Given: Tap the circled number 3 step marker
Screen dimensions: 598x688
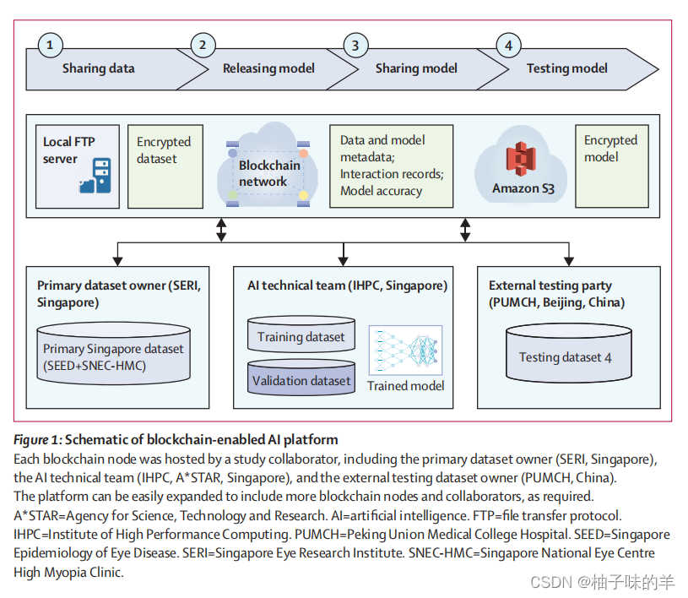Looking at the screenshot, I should click(x=357, y=46).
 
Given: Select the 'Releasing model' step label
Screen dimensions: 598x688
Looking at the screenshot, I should click(x=268, y=68).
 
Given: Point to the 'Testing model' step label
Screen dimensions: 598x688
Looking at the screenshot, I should click(x=566, y=68).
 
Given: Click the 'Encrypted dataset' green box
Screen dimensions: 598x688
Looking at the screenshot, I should click(x=165, y=166).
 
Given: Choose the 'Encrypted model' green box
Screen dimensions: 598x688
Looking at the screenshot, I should click(x=611, y=165).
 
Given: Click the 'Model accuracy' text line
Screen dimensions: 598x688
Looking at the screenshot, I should click(x=381, y=191).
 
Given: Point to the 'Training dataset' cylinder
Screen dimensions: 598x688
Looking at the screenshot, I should click(x=301, y=336).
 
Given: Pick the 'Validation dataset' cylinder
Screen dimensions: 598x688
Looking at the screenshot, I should click(x=301, y=381).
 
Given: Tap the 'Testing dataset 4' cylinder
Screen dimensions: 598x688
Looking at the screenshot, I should click(x=566, y=356).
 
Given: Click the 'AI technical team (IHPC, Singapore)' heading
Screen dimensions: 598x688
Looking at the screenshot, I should click(x=348, y=285).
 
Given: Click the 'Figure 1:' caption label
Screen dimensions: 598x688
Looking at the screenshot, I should click(x=37, y=439).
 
